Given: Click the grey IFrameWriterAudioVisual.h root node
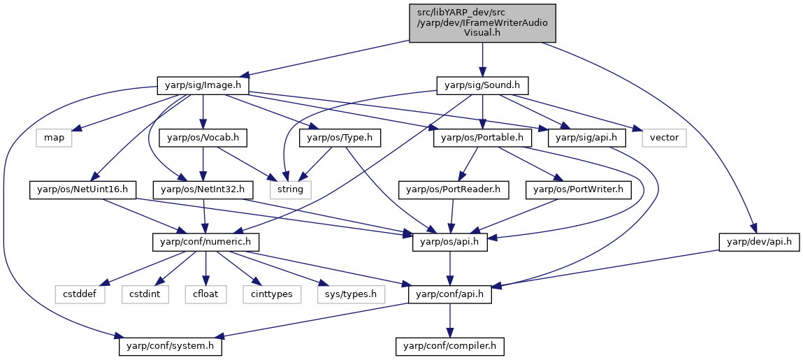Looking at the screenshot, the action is (482, 23).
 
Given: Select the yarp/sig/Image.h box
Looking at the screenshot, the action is (203, 85).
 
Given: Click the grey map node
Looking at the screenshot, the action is (54, 138).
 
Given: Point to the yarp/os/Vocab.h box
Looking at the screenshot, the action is (203, 138).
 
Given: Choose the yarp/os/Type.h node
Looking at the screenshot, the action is (340, 138).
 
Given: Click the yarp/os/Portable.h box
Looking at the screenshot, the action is (482, 138).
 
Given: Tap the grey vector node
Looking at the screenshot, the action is (664, 138).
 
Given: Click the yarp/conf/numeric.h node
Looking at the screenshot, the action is (205, 242).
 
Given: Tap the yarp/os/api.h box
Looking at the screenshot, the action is (449, 242).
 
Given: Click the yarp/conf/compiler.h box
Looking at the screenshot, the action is (449, 347).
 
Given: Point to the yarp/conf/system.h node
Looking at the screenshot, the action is (170, 347).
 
